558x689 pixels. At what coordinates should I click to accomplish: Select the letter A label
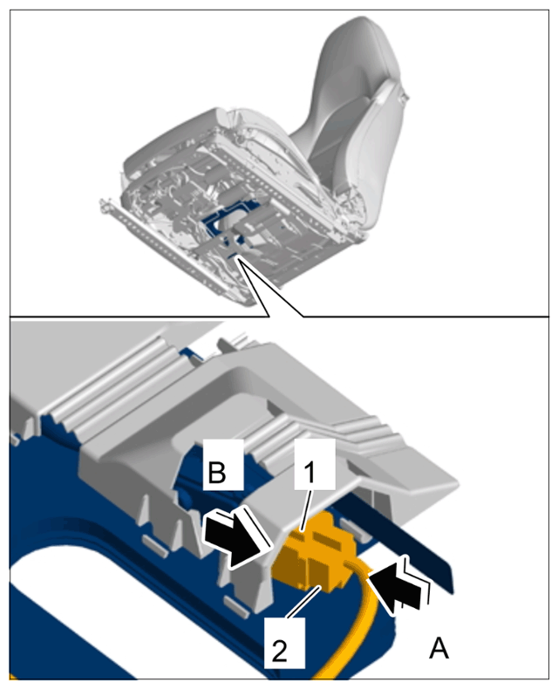click(x=439, y=649)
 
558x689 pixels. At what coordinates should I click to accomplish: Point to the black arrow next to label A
click(x=398, y=584)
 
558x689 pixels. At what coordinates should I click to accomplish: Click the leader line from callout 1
click(x=305, y=509)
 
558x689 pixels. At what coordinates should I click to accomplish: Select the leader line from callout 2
click(x=303, y=603)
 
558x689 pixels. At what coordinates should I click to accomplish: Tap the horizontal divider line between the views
click(x=279, y=317)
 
